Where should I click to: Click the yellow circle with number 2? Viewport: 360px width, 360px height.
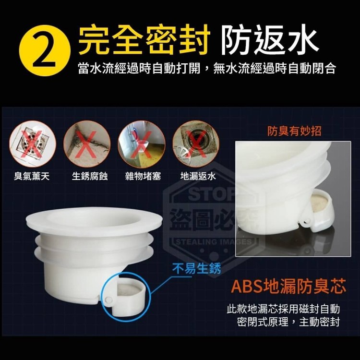click(45, 51)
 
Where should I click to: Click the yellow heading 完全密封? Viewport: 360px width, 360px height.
click(144, 39)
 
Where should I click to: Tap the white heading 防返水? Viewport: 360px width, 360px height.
click(270, 39)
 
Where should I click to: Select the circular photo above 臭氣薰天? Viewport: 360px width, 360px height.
click(33, 144)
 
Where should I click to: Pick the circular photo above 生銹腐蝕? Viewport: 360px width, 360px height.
click(87, 144)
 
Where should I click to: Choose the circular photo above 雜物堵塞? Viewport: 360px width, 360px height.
click(142, 144)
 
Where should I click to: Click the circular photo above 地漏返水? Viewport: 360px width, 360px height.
click(196, 144)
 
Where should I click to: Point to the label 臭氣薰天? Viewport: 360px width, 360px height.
click(32, 176)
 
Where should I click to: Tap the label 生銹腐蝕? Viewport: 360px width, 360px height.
click(90, 176)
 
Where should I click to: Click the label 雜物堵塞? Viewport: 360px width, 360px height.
click(143, 176)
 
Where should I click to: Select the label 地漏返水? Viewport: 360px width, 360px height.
click(198, 176)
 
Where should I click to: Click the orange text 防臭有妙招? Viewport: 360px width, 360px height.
click(294, 131)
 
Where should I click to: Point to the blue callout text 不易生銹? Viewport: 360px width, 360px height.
click(197, 268)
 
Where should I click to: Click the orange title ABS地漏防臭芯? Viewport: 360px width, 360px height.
click(288, 287)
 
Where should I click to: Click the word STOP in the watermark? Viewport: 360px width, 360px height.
click(212, 194)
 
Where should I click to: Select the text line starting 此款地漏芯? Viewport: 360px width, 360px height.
click(283, 309)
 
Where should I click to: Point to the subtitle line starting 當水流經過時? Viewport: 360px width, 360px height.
click(207, 68)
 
